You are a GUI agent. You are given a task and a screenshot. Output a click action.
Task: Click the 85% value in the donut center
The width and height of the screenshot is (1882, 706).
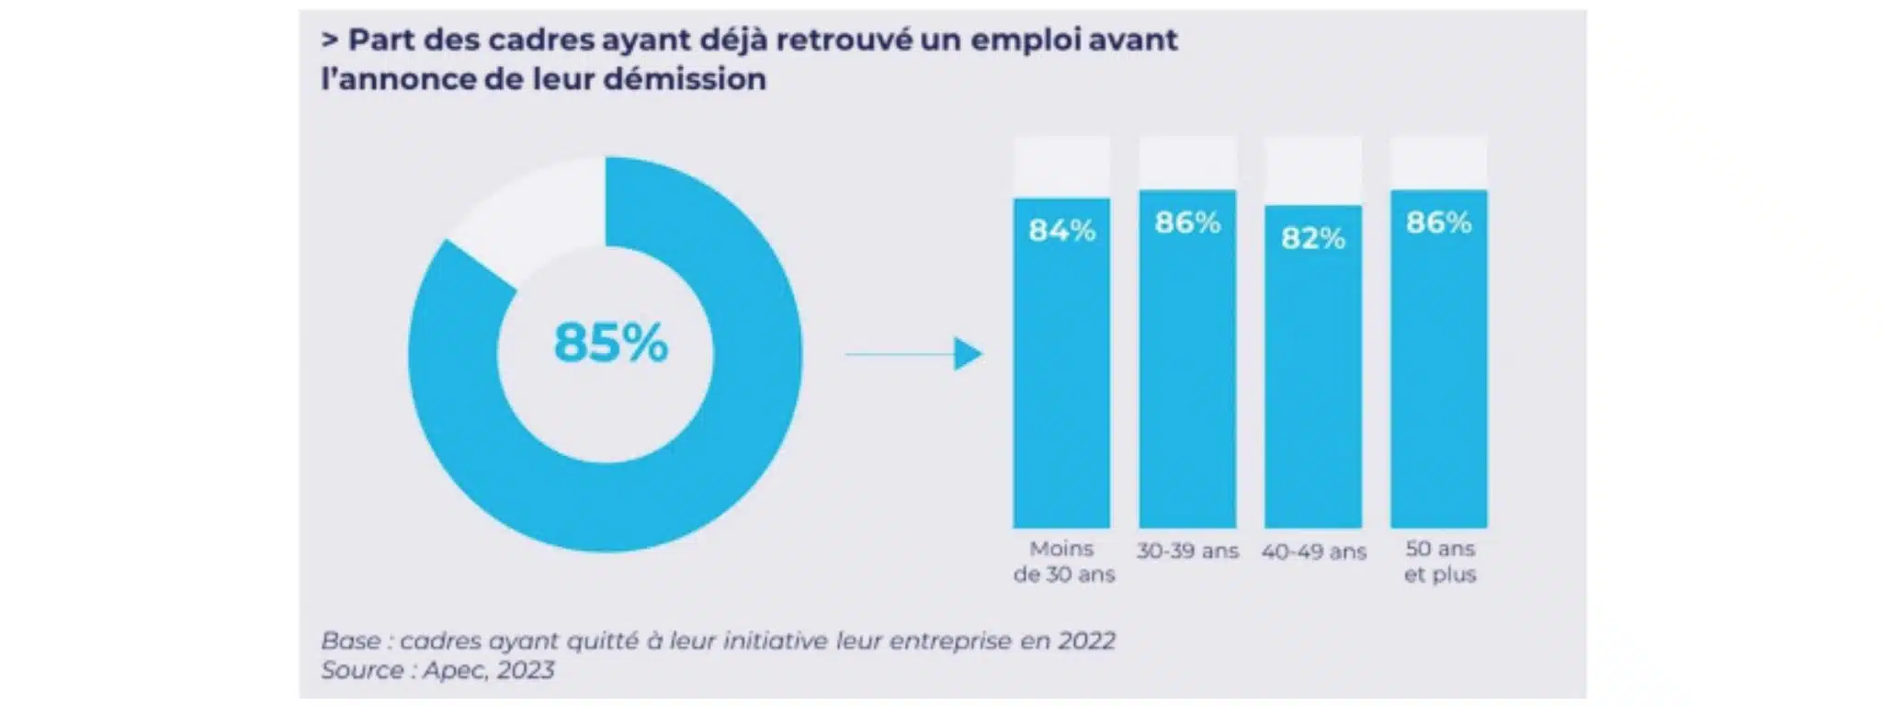click(x=610, y=343)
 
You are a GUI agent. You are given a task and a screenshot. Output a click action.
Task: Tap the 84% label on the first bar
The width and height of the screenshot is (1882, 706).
click(x=1061, y=230)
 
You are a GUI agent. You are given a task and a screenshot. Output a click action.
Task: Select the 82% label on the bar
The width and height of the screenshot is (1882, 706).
click(x=1313, y=238)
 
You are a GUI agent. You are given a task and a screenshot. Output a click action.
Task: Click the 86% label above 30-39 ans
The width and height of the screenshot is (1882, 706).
click(x=1187, y=222)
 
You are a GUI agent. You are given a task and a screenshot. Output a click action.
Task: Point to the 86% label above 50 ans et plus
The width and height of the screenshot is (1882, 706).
click(x=1438, y=222)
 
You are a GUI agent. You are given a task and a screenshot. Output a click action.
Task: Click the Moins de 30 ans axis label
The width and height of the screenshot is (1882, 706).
click(x=1063, y=562)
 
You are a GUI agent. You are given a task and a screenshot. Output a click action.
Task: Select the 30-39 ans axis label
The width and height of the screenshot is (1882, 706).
click(x=1187, y=551)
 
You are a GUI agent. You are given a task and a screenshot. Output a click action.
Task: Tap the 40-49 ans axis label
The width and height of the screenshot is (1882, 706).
click(x=1313, y=552)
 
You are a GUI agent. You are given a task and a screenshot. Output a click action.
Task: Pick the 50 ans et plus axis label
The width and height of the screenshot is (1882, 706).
click(x=1440, y=562)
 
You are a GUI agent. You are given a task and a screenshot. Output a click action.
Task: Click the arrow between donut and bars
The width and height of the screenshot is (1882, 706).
click(x=914, y=353)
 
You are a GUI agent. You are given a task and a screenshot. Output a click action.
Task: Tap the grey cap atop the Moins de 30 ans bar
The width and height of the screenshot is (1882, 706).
click(x=1061, y=168)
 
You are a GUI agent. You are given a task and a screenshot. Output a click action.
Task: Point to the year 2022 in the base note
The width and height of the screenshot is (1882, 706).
click(x=1085, y=641)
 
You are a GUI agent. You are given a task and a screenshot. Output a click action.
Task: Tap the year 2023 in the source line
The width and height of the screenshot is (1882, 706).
click(x=525, y=670)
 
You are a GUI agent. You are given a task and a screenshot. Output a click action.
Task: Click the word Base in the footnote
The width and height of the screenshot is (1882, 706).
click(x=349, y=641)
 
